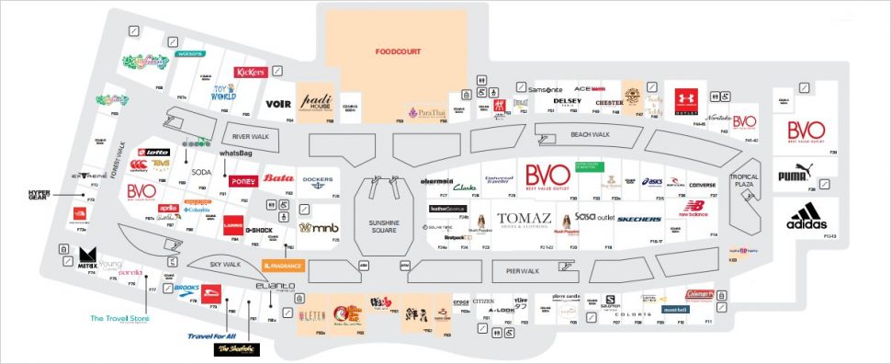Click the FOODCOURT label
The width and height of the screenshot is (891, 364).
point(399,52)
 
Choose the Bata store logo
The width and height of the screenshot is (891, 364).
point(277,178)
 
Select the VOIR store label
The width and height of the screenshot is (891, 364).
point(277,104)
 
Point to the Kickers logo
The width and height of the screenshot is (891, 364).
point(250,72)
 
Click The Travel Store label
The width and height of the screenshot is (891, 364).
point(119,319)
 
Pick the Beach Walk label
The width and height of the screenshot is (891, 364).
point(591,135)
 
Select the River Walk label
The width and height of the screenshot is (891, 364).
point(248,136)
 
